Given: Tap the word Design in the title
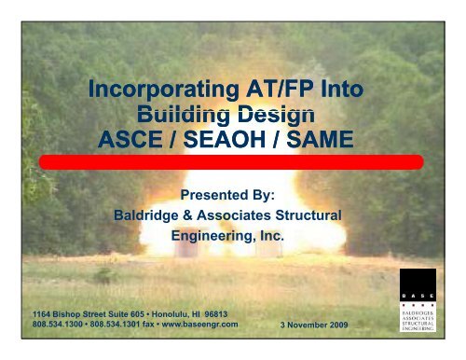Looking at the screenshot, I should (x=270, y=115).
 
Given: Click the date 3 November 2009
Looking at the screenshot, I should (x=321, y=327).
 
